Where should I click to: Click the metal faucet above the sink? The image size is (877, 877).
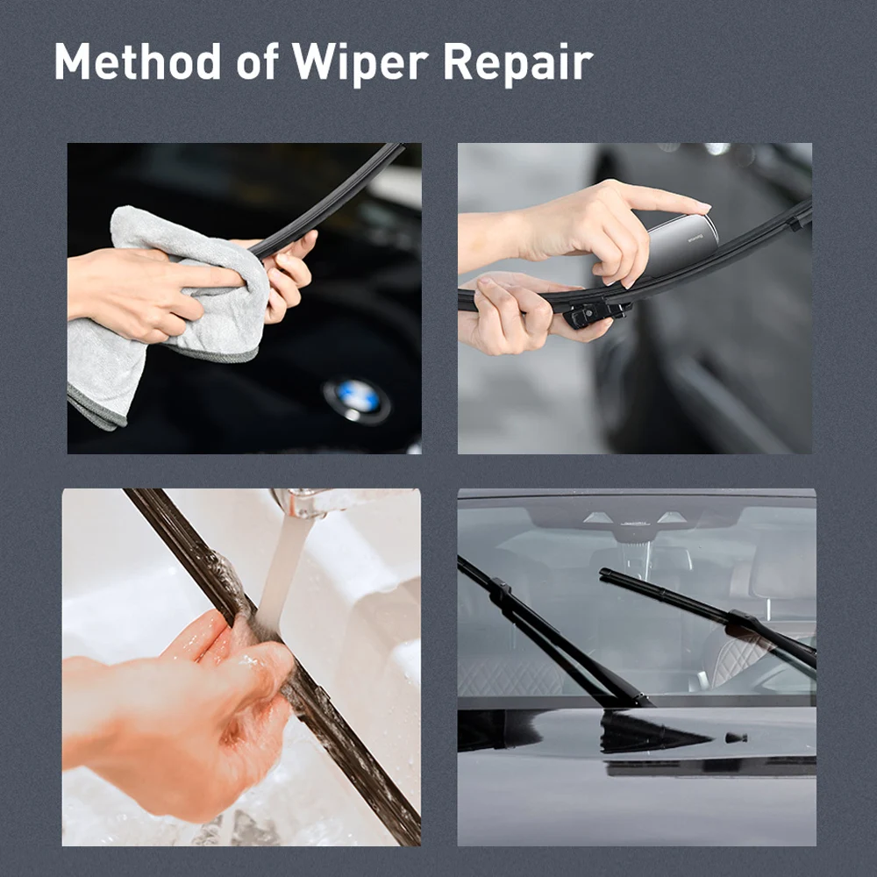[x=303, y=502]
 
